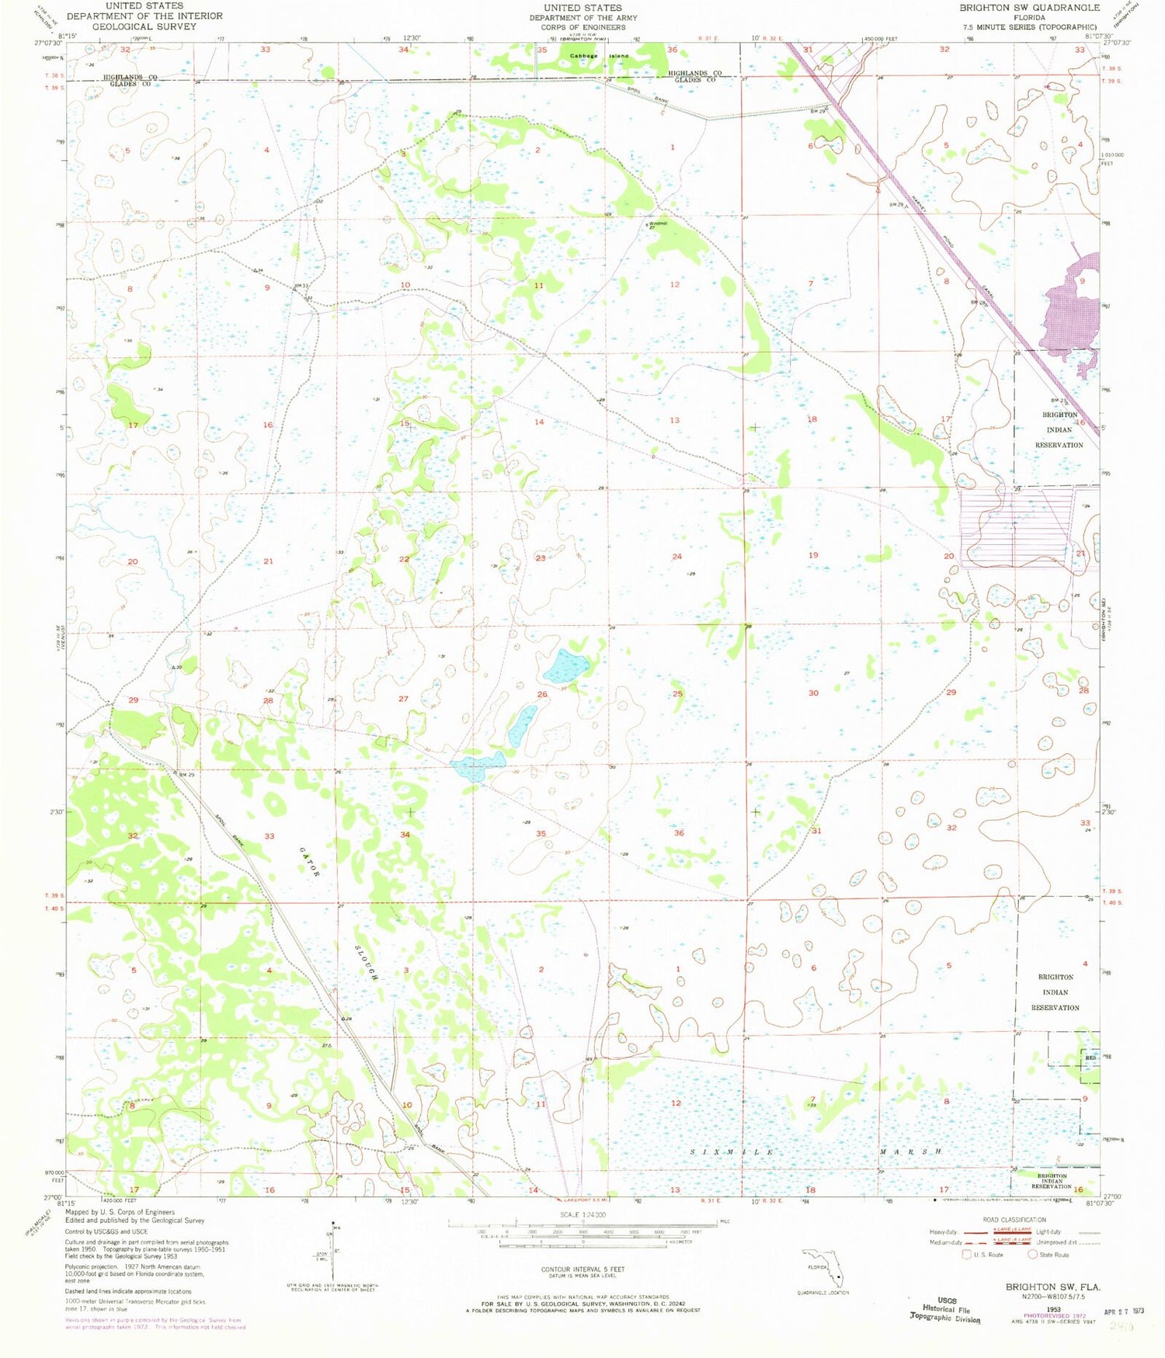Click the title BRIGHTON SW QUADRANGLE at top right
[x=1029, y=8]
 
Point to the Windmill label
[x=658, y=224]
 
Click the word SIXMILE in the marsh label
[x=732, y=1151]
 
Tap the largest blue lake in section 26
[x=566, y=665]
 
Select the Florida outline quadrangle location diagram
[x=823, y=1266]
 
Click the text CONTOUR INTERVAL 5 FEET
[x=582, y=1269]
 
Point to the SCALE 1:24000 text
[x=582, y=1214]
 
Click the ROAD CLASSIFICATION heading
[x=1014, y=1220]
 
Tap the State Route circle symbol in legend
[x=1033, y=1254]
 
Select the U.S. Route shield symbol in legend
[x=966, y=1254]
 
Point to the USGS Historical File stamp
[x=945, y=1309]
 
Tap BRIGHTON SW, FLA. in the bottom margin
[x=1053, y=1287]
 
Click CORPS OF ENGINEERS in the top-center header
[x=582, y=27]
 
